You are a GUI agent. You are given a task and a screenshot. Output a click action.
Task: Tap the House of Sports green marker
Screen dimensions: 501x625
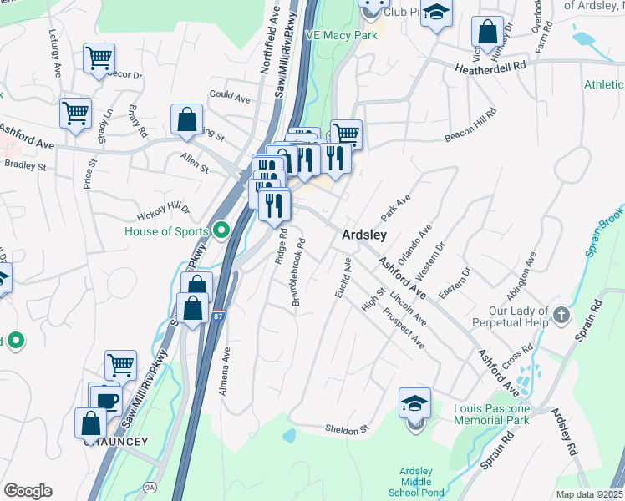pyautogui.click(x=221, y=228)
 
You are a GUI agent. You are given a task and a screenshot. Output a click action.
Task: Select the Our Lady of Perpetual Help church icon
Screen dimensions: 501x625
pyautogui.click(x=561, y=316)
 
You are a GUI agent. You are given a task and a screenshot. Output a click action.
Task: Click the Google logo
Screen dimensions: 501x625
pyautogui.click(x=28, y=491)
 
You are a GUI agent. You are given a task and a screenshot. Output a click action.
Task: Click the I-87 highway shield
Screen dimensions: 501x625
pyautogui.click(x=217, y=317)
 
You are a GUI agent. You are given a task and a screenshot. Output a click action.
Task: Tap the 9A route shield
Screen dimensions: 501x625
pyautogui.click(x=150, y=487)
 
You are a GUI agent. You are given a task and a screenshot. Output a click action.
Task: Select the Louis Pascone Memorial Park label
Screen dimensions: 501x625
pyautogui.click(x=492, y=414)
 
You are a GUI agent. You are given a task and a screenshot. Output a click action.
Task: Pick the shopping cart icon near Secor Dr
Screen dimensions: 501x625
pyautogui.click(x=99, y=58)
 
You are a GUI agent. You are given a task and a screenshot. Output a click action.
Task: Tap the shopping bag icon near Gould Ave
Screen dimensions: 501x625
pyautogui.click(x=186, y=119)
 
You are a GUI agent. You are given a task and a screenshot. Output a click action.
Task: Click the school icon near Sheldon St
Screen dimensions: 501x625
pyautogui.click(x=415, y=405)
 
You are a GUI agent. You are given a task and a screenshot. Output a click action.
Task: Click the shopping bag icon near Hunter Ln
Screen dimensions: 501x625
pyautogui.click(x=487, y=32)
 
